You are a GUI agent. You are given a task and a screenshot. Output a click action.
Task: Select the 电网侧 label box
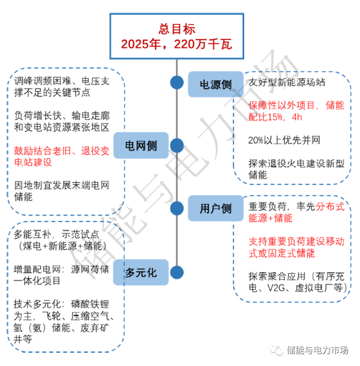click(141, 146)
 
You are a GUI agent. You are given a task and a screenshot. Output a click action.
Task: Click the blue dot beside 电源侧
click(177, 83)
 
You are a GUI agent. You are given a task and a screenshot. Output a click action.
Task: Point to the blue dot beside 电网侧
click(177, 146)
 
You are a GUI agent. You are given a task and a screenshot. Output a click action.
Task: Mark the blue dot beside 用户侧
click(177, 209)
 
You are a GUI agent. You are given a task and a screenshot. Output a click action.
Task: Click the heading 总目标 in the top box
click(177, 29)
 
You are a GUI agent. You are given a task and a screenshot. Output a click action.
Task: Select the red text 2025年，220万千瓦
click(177, 44)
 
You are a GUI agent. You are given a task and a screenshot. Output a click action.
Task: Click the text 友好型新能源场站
click(287, 83)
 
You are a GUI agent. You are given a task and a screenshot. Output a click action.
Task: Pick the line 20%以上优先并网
click(284, 140)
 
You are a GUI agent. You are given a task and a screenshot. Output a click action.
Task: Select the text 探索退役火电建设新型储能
click(296, 169)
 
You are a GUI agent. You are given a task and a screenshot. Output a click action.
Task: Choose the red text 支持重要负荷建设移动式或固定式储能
click(296, 247)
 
